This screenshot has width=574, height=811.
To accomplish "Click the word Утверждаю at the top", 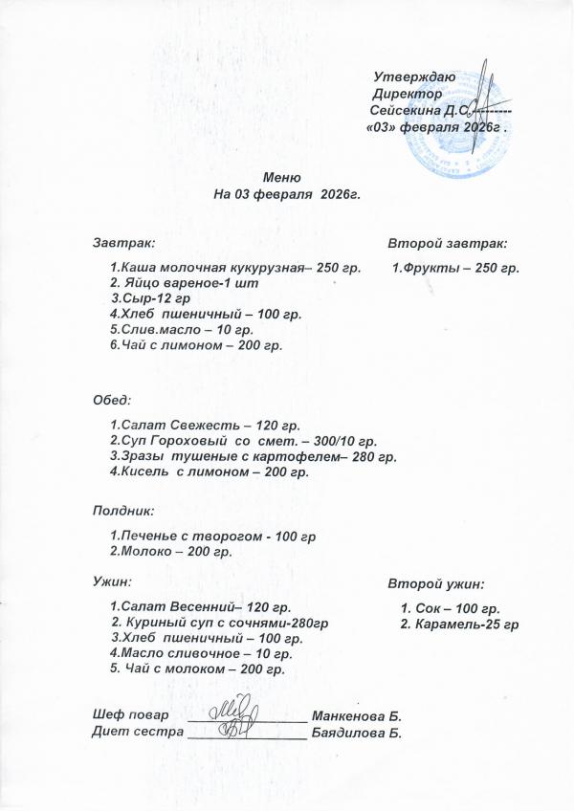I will [414, 77].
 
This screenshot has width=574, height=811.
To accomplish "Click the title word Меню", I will [282, 177].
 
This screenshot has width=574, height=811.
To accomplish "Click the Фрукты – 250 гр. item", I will [455, 269].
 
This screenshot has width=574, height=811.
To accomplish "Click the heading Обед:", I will [111, 399].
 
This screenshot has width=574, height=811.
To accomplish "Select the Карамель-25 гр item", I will [459, 625].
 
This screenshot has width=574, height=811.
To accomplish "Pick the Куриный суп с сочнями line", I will [220, 623].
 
